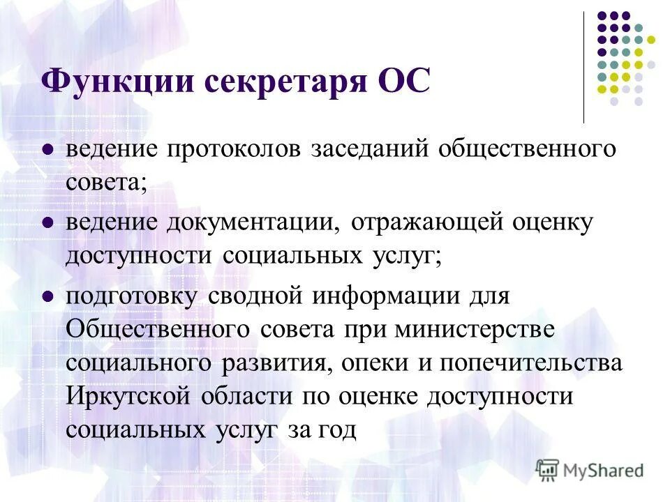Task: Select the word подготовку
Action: tap(133, 296)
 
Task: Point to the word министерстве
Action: tap(475, 329)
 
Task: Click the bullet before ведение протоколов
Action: tap(48, 149)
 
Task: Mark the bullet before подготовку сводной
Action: tap(48, 294)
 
